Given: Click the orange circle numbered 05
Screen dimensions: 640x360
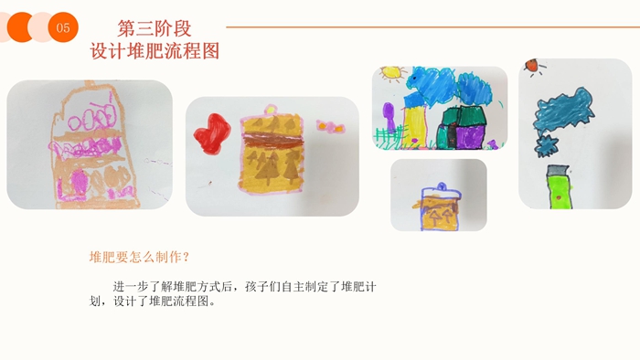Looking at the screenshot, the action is tap(63, 27).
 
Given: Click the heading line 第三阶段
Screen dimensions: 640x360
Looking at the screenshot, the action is tap(155, 28).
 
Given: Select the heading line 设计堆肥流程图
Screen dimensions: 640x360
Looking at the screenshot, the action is tap(155, 51).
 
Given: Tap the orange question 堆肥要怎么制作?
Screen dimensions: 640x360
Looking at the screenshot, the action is tap(139, 258).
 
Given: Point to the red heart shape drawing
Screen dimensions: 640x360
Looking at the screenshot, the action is tap(212, 133).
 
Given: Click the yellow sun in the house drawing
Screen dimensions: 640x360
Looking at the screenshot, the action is tap(391, 73).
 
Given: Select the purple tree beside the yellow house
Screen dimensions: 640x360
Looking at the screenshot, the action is tap(389, 116).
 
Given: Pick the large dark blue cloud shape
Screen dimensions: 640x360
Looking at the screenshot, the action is tap(564, 109).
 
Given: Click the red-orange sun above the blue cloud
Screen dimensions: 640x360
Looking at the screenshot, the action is tap(532, 65).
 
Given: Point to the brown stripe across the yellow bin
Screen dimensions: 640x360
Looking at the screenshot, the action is tap(273, 141).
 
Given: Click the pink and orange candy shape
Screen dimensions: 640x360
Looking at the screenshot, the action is tap(331, 126).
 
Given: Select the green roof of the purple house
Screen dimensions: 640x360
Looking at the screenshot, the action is tap(464, 116).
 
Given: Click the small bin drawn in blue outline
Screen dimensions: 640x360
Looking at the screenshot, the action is tap(440, 206).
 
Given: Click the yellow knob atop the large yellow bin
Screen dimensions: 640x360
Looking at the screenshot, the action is tap(271, 110).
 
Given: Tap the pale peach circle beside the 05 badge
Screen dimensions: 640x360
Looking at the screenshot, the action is tap(41, 27).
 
